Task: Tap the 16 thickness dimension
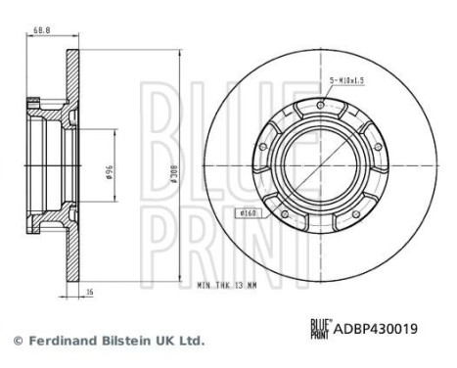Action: pyautogui.click(x=88, y=290)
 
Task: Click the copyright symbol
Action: pyautogui.click(x=17, y=342)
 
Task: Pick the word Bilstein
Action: pyautogui.click(x=123, y=342)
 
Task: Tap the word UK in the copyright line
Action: pyautogui.click(x=162, y=342)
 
